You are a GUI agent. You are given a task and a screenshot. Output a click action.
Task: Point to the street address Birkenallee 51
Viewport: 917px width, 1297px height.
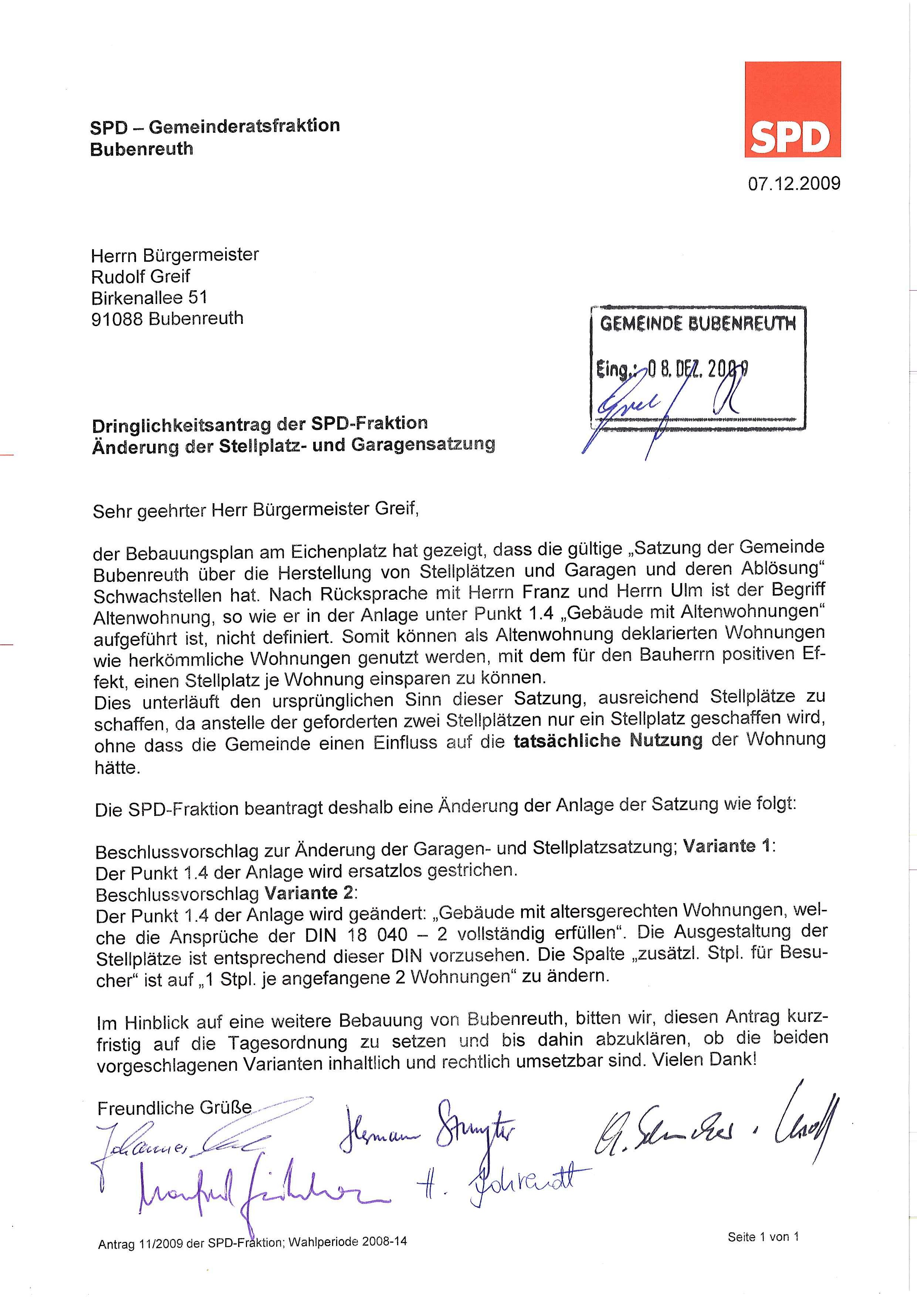point(149,297)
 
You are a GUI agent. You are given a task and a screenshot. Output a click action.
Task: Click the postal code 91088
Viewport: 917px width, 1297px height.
point(117,319)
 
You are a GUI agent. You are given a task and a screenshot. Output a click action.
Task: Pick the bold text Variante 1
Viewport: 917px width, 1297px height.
point(728,846)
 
